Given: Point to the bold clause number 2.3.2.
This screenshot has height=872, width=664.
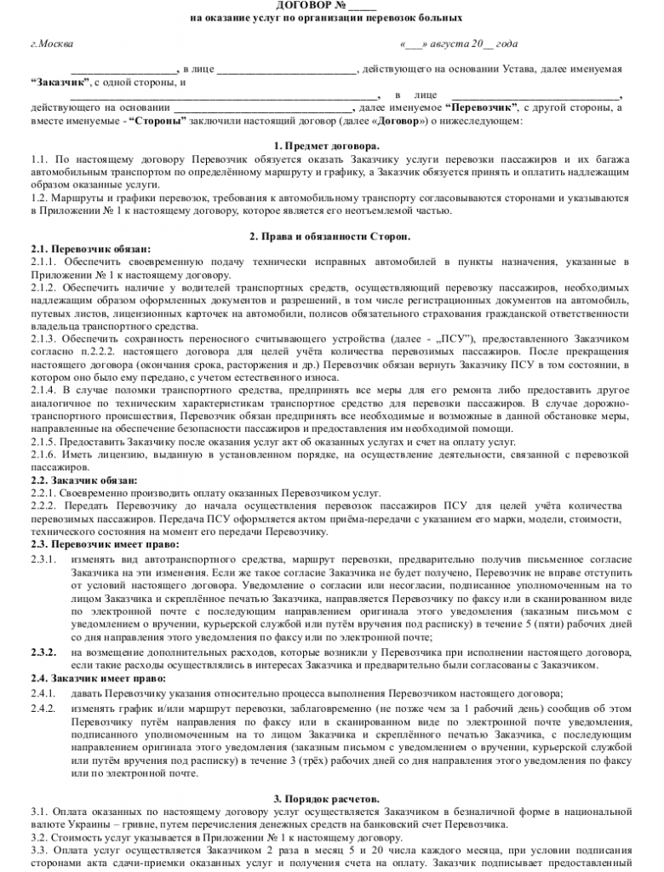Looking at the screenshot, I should pyautogui.click(x=43, y=651).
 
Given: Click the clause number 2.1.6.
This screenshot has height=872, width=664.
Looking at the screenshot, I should pyautogui.click(x=43, y=456).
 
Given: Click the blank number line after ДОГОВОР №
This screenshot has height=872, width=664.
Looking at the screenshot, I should pyautogui.click(x=363, y=6).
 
